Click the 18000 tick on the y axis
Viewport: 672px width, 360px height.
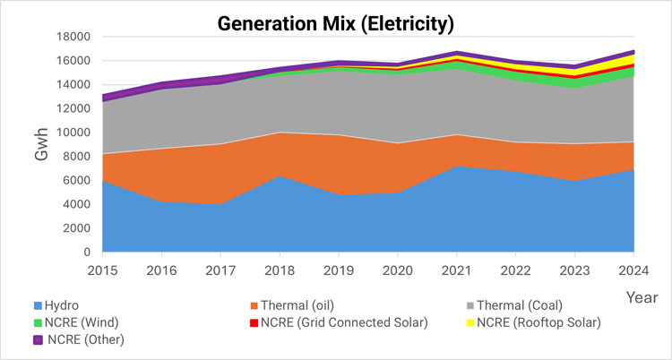click(x=73, y=37)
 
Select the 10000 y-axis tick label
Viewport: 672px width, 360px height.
click(x=73, y=133)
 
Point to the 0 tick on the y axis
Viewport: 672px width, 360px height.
click(x=88, y=253)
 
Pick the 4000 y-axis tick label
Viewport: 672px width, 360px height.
click(x=76, y=204)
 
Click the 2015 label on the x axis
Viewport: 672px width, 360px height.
click(x=104, y=270)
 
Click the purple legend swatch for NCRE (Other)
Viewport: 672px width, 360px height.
click(x=38, y=339)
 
